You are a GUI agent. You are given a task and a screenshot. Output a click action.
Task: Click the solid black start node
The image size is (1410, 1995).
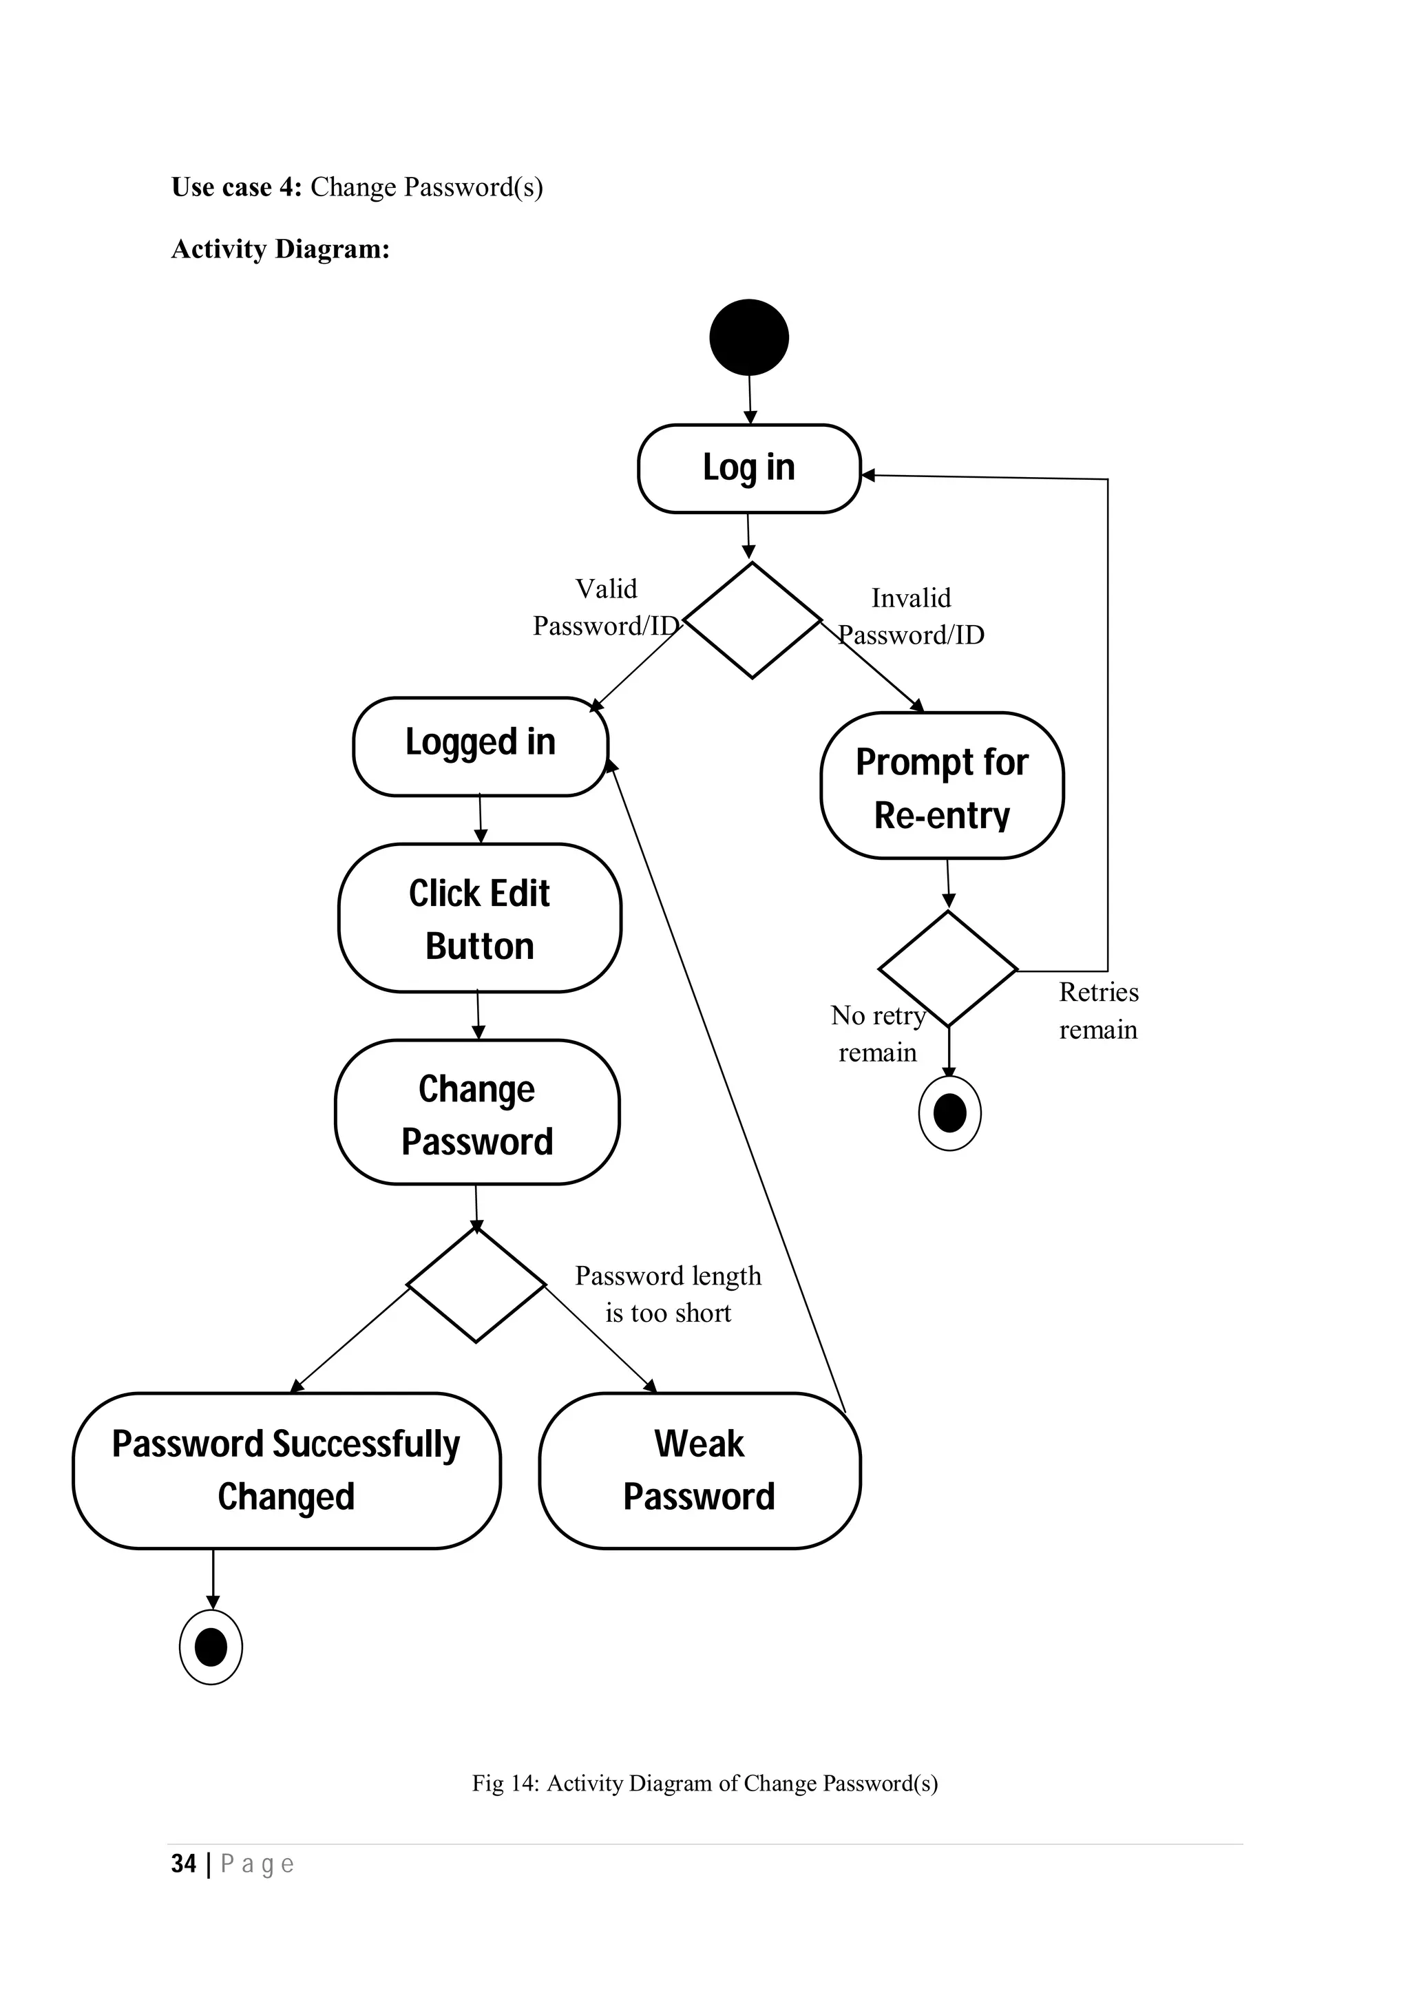[x=749, y=337]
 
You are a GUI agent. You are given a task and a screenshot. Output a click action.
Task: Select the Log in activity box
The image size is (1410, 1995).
[x=749, y=468]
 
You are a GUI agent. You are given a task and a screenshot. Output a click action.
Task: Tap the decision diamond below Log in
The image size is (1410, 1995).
[x=753, y=620]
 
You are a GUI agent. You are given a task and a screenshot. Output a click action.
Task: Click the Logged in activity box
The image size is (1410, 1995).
[x=481, y=746]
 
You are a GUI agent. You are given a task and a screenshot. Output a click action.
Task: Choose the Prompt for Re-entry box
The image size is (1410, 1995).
[x=942, y=786]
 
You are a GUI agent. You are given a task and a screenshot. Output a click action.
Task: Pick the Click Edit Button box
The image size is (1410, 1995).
[x=480, y=918]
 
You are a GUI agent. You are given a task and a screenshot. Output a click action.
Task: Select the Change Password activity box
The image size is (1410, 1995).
[x=477, y=1113]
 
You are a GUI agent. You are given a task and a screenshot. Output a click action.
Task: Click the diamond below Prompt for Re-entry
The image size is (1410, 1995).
[x=948, y=969]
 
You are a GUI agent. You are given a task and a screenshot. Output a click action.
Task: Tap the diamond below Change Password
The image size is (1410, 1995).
[x=476, y=1285]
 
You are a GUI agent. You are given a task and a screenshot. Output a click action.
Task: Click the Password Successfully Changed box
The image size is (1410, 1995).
[x=286, y=1471]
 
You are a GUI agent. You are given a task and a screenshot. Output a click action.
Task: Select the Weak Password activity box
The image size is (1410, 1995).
[x=699, y=1471]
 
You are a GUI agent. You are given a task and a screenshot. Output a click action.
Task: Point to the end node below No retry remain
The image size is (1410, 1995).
[x=949, y=1113]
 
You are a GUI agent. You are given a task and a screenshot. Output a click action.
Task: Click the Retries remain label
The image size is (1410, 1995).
[x=1098, y=1011]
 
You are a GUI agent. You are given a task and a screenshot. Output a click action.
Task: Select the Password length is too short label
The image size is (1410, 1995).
[x=668, y=1294]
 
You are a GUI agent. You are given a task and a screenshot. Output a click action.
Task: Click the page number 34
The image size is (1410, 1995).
[x=183, y=1863]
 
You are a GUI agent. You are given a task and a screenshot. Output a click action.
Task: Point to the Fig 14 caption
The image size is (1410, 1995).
[x=704, y=1783]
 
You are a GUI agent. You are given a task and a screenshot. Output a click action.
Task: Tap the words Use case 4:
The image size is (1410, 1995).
[x=236, y=187]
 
